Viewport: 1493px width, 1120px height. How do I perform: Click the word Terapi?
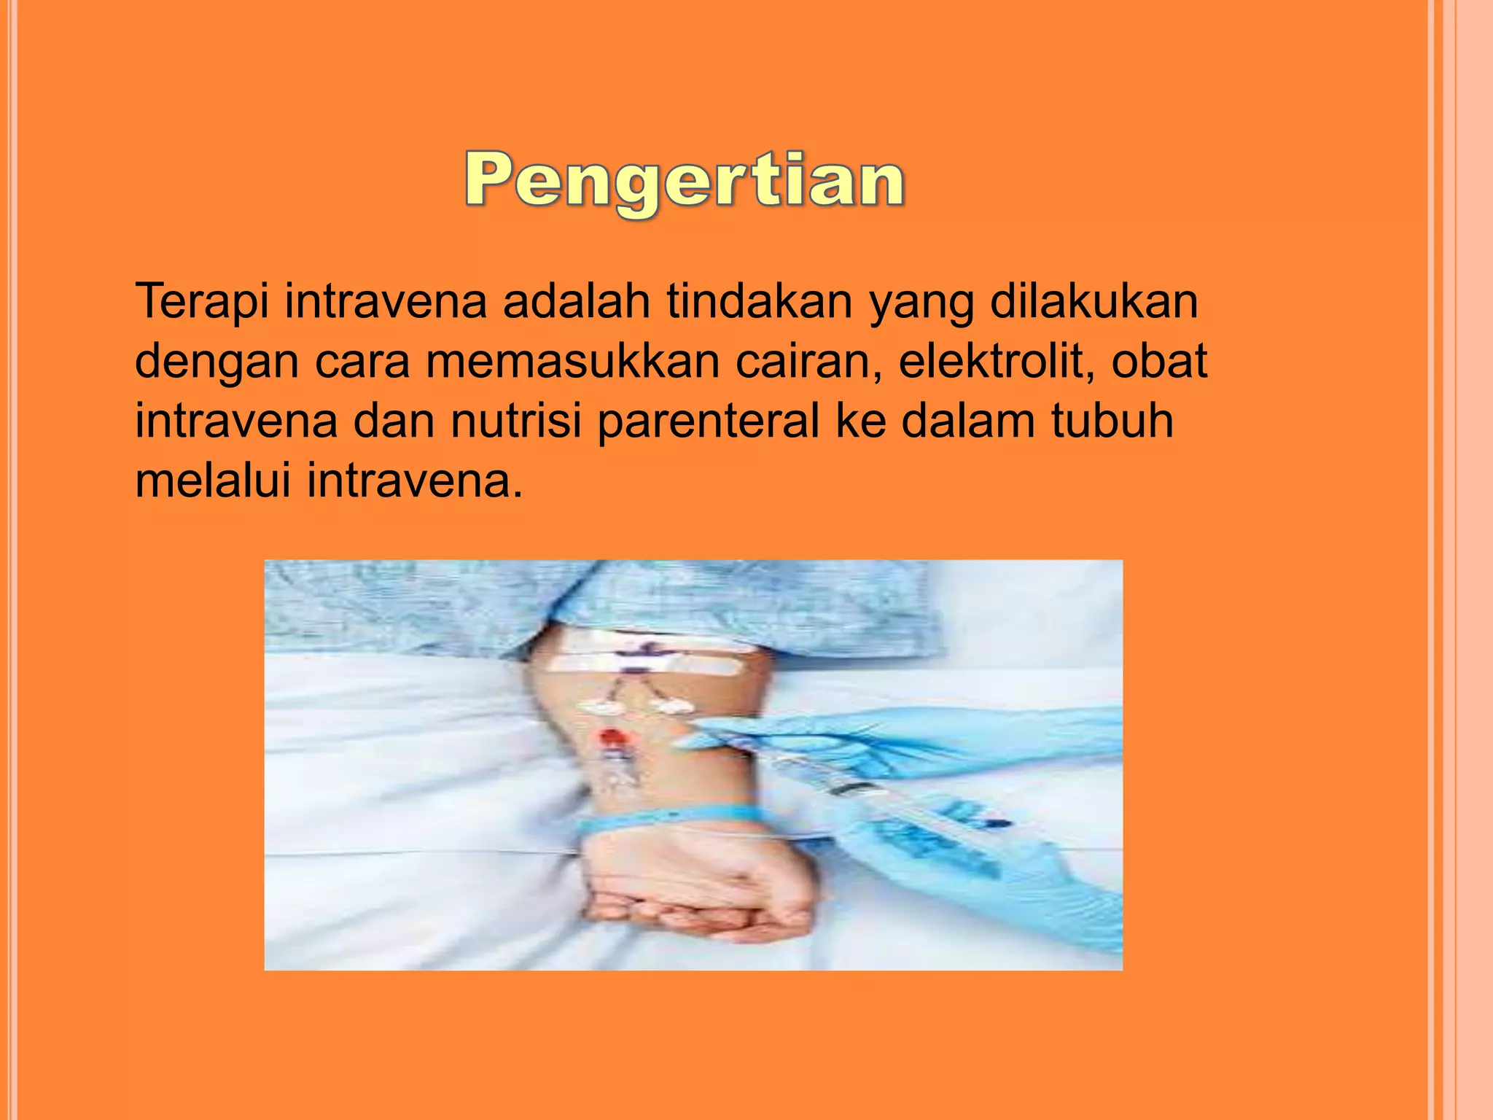pyautogui.click(x=202, y=302)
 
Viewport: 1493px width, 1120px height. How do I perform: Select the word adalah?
pyautogui.click(x=576, y=302)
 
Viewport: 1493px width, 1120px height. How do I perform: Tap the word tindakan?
pyautogui.click(x=759, y=302)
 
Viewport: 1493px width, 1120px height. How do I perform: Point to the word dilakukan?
pyautogui.click(x=1094, y=302)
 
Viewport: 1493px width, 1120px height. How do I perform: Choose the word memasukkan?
pyautogui.click(x=572, y=362)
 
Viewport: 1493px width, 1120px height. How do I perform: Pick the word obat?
pyautogui.click(x=1159, y=362)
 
